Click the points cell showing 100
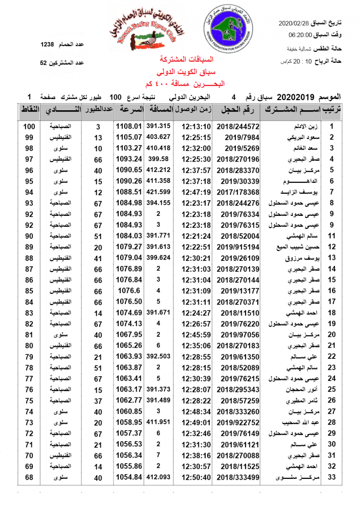tap(29, 126)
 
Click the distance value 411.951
tap(158, 422)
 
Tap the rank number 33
tap(332, 477)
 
